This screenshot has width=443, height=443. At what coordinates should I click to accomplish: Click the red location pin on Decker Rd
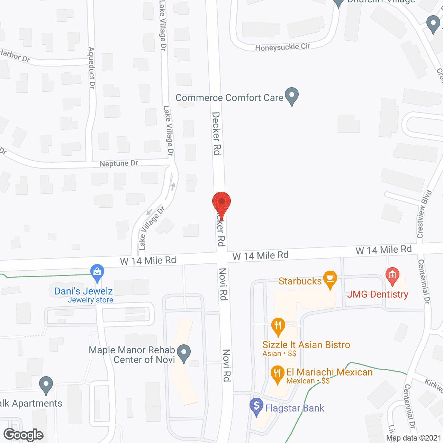click(x=221, y=202)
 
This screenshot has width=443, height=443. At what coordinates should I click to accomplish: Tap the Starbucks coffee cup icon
click(x=330, y=279)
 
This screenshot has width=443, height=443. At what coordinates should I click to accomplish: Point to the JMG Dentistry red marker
click(x=392, y=276)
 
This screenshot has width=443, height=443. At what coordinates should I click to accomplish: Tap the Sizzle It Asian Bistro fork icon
click(x=278, y=326)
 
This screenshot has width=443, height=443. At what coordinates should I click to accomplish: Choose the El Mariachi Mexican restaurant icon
click(x=277, y=374)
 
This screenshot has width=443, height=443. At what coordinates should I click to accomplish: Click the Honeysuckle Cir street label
click(x=282, y=47)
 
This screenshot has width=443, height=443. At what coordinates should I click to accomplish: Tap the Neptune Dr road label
click(x=119, y=163)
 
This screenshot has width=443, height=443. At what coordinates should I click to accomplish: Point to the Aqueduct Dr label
click(x=91, y=68)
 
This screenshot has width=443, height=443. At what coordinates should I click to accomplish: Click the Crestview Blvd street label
click(x=424, y=214)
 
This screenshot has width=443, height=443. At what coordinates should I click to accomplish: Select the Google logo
click(x=23, y=435)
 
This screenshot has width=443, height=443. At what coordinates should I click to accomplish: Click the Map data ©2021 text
click(x=414, y=438)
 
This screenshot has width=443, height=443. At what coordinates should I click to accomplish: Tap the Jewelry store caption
click(x=90, y=300)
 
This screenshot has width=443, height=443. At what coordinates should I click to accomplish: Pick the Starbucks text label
click(x=300, y=281)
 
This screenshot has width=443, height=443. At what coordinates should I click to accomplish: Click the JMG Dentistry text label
click(x=378, y=295)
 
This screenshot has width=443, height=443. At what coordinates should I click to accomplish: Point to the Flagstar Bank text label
click(x=295, y=408)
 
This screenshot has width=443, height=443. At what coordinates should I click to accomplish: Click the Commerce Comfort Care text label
click(x=229, y=98)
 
